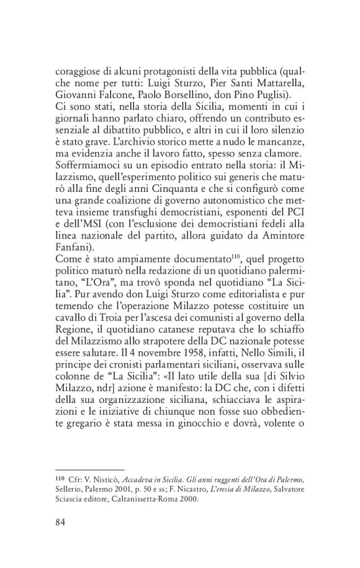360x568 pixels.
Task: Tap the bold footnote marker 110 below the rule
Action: (61, 478)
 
